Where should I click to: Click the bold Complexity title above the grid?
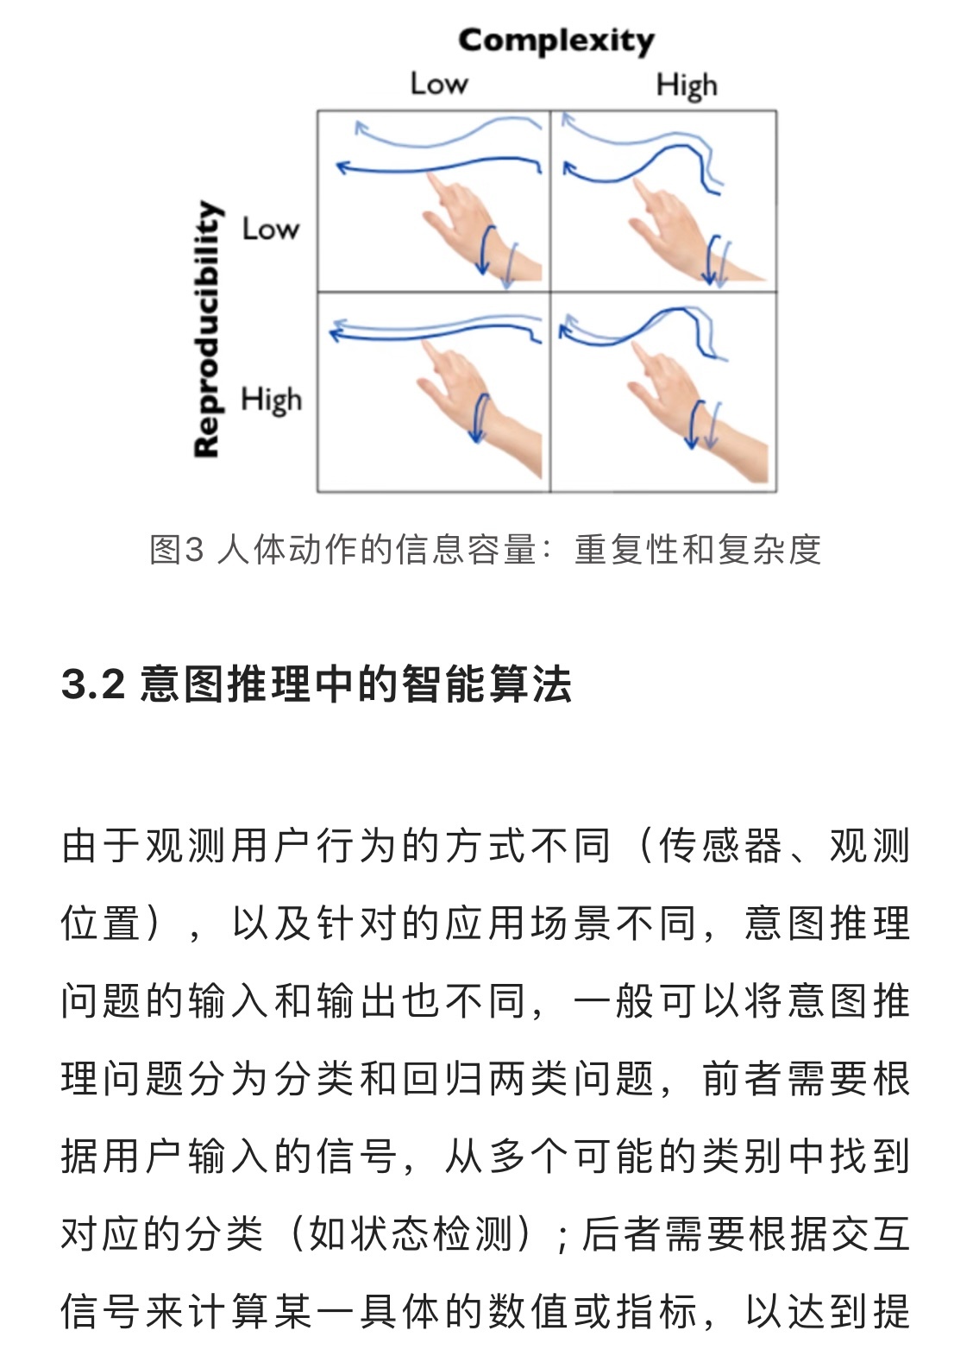[556, 41]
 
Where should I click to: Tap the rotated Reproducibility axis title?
[207, 329]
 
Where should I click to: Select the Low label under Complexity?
[439, 84]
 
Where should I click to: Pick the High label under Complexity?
[687, 86]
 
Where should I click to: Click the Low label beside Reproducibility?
[271, 229]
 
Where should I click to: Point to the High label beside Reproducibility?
[271, 400]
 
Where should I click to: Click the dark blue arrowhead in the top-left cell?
[343, 167]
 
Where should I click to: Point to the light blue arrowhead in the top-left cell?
[361, 128]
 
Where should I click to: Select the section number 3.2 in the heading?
[94, 684]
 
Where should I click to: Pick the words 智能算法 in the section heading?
[486, 684]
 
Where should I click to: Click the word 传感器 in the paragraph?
[719, 846]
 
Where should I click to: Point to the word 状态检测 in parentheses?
[411, 1235]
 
